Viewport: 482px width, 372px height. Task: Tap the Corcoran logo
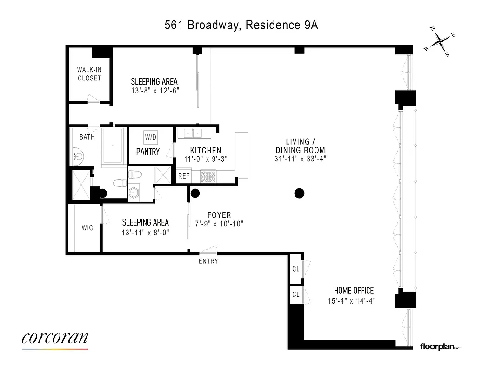[54, 339]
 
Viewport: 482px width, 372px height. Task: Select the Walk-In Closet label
[89, 74]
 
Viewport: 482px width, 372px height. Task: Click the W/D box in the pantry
[151, 137]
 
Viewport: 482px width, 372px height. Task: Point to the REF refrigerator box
[184, 176]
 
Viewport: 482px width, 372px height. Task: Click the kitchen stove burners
[208, 176]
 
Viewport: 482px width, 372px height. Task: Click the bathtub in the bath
[112, 145]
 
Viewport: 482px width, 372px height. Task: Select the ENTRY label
[208, 261]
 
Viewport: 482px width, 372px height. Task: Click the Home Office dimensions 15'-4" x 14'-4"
[351, 301]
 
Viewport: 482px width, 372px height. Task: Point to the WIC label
[87, 228]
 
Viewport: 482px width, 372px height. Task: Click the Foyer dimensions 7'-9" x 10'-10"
[219, 224]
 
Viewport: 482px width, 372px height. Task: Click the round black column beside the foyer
[195, 193]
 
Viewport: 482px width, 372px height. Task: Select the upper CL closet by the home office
[295, 269]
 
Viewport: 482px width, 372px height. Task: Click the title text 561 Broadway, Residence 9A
[241, 25]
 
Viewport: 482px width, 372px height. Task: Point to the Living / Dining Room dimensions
[300, 159]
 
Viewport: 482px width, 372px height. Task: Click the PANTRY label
[148, 152]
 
